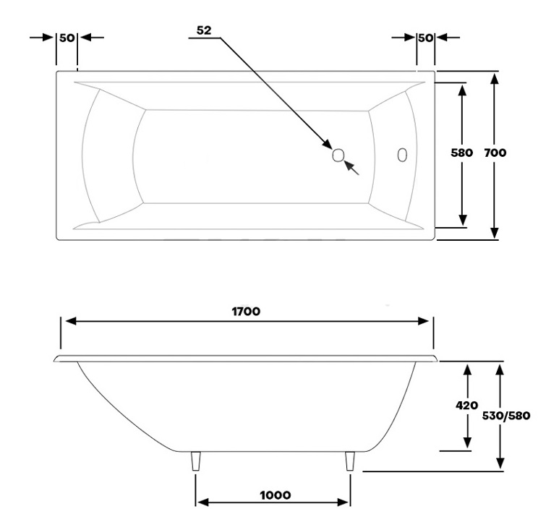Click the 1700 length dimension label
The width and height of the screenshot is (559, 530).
(x=246, y=311)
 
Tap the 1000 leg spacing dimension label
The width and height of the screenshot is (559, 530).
(x=276, y=495)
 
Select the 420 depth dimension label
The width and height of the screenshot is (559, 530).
(x=466, y=405)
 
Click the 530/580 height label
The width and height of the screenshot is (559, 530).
(x=506, y=416)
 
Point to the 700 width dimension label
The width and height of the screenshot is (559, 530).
(x=495, y=153)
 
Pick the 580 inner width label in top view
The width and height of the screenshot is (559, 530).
(x=461, y=153)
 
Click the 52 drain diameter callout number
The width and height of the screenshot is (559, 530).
(x=204, y=30)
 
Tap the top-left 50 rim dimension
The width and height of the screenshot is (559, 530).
(x=67, y=38)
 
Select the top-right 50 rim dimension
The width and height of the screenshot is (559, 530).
(x=425, y=38)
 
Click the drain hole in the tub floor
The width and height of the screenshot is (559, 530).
(x=338, y=155)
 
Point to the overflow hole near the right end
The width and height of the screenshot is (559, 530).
(x=402, y=155)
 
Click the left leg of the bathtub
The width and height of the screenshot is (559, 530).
(x=196, y=461)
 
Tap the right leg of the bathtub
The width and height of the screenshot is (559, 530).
(x=350, y=461)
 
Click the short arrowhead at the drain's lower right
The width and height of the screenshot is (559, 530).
(x=349, y=166)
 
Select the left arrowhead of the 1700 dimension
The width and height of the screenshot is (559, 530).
(x=72, y=321)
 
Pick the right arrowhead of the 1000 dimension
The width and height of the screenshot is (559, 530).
(x=343, y=503)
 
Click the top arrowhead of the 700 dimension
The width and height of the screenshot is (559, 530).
(x=494, y=78)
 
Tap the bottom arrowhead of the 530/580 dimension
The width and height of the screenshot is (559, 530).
(x=500, y=463)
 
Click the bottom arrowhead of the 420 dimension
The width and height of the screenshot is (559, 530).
(x=467, y=443)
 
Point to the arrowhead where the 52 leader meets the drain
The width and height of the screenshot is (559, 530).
(x=328, y=144)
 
